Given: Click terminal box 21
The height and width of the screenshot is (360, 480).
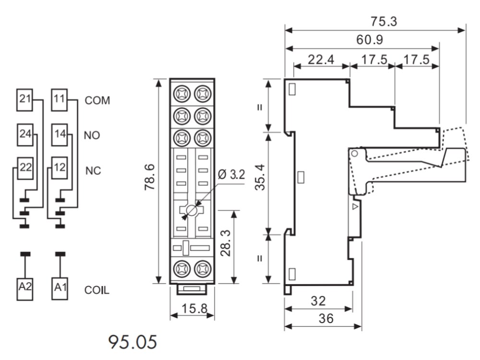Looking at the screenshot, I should coord(24,99).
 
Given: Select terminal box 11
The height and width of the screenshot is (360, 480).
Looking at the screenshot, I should coord(59,99).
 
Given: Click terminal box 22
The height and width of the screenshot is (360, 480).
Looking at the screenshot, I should coord(24,167).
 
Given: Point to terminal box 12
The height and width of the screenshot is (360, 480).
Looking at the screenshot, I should coord(59,167).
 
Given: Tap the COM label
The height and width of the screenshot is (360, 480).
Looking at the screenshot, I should coord(97,101).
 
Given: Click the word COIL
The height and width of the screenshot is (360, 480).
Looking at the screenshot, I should coord(97,290).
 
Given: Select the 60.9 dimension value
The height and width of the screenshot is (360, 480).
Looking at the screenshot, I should coord(369,40).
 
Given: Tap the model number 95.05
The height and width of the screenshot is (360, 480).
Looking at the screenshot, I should coord(132,342).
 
